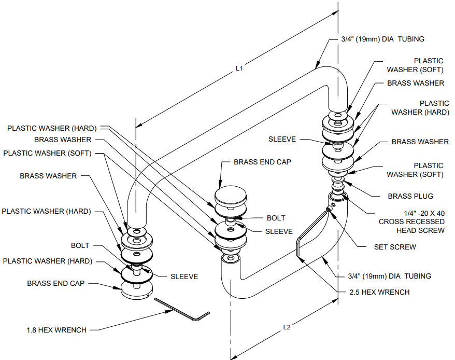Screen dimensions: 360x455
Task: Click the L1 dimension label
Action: click(239, 68)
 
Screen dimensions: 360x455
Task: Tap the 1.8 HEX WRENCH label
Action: click(56, 330)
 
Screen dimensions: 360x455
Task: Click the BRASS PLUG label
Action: click(410, 196)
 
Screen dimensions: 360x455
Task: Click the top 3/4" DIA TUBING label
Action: click(383, 39)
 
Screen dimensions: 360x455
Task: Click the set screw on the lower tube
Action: click(328, 210)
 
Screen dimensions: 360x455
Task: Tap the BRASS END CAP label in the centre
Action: click(262, 162)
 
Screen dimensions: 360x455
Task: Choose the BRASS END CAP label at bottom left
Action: click(55, 284)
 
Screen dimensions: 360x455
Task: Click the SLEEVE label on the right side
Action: click(282, 139)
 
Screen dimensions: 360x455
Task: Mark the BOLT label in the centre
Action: click(276, 218)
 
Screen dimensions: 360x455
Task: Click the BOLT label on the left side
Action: click(80, 245)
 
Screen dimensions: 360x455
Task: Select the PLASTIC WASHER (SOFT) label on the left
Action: click(47, 153)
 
